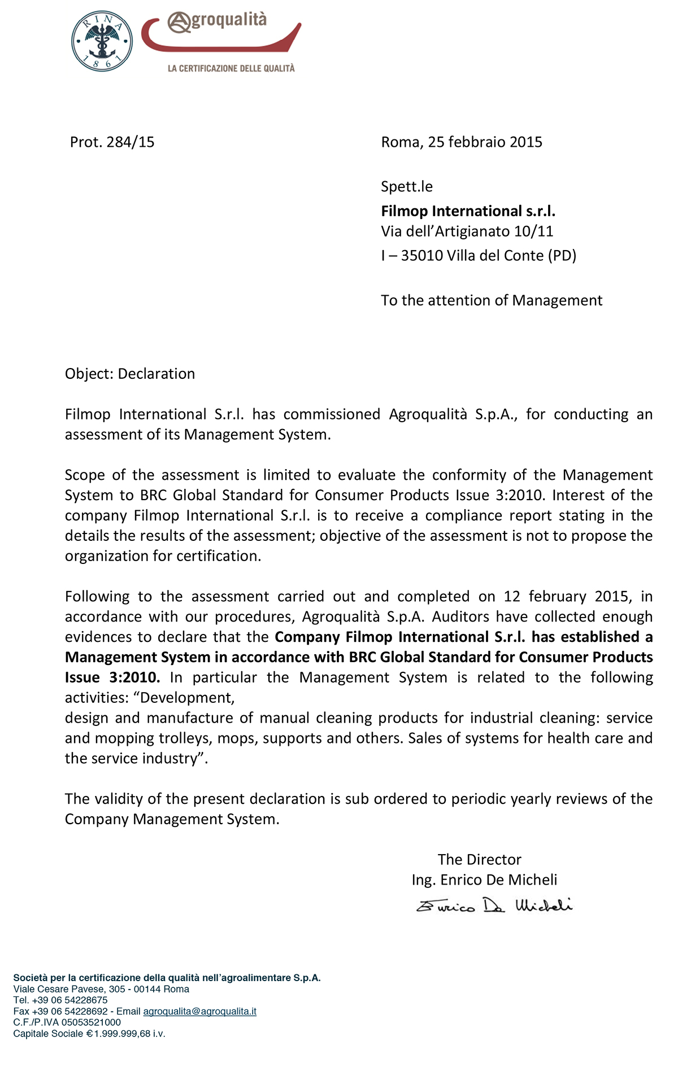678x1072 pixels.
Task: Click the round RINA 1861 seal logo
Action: click(102, 41)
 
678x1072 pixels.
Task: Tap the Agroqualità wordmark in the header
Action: click(218, 21)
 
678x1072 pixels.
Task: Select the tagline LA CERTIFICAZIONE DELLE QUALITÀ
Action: click(231, 68)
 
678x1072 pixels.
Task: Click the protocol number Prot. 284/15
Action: click(112, 142)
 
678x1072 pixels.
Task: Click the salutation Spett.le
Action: click(407, 186)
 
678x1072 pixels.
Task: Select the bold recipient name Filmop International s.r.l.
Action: click(468, 211)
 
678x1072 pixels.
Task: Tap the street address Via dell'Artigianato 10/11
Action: click(467, 231)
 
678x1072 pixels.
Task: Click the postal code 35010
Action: click(421, 256)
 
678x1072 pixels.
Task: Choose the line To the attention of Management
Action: click(492, 300)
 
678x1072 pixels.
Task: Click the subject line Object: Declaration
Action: click(130, 374)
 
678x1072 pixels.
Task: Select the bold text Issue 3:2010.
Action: click(112, 677)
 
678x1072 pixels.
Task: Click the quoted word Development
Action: click(186, 698)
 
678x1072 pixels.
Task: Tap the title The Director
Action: click(479, 860)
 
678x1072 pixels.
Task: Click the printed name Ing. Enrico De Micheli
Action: click(484, 880)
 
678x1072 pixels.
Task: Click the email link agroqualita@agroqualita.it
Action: click(199, 1011)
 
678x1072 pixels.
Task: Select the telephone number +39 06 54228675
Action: click(69, 1000)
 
